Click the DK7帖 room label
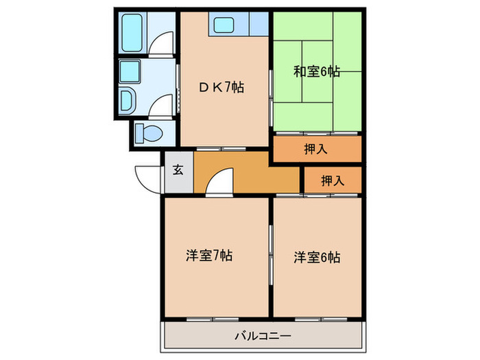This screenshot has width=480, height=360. [222, 87]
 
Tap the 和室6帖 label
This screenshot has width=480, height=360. [317, 71]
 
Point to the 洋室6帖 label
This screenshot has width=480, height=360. [317, 258]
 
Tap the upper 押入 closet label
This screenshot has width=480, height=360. [317, 149]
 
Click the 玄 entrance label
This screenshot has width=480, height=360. [178, 169]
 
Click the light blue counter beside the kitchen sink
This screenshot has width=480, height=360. [259, 25]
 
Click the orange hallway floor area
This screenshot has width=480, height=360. [267, 175]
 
